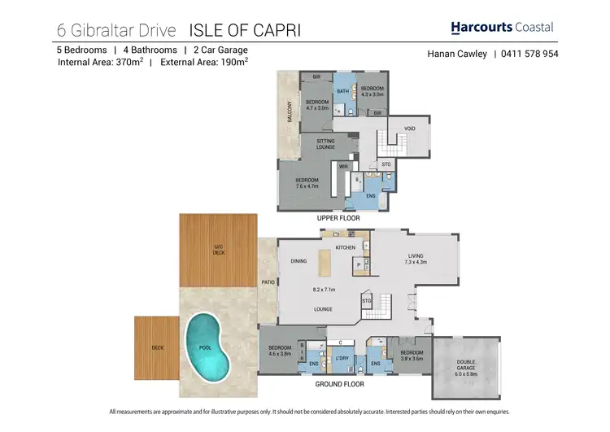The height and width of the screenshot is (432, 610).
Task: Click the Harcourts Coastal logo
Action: coord(502,28)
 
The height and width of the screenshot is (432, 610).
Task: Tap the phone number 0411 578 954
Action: coord(529,55)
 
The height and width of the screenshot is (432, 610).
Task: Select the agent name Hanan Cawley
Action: coord(456,55)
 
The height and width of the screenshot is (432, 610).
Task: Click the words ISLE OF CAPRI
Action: coord(244,31)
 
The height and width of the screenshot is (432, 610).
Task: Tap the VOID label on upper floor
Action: coord(409,129)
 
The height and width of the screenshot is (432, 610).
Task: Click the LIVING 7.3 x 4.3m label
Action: coord(416,259)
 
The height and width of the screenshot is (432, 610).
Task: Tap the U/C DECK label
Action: coord(218,251)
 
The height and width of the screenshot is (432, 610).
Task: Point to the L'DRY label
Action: coord(342,358)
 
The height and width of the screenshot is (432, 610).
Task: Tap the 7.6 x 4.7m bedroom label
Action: coord(307,183)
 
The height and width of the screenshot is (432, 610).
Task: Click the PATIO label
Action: coord(267,282)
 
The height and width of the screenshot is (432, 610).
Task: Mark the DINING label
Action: coord(298,261)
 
